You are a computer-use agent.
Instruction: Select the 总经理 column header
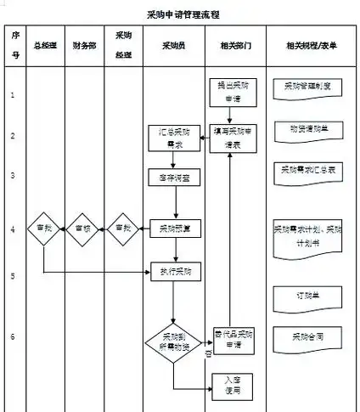(x=45, y=44)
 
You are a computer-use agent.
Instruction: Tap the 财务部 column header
(x=85, y=44)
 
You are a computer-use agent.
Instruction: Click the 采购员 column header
(x=175, y=44)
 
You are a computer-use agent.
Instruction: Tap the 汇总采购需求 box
(x=174, y=139)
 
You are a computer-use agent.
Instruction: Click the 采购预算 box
(x=174, y=228)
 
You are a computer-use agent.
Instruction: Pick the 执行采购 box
(x=174, y=272)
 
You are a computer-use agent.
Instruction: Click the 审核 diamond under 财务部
(x=84, y=229)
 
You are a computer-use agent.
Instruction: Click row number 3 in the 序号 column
(x=13, y=175)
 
